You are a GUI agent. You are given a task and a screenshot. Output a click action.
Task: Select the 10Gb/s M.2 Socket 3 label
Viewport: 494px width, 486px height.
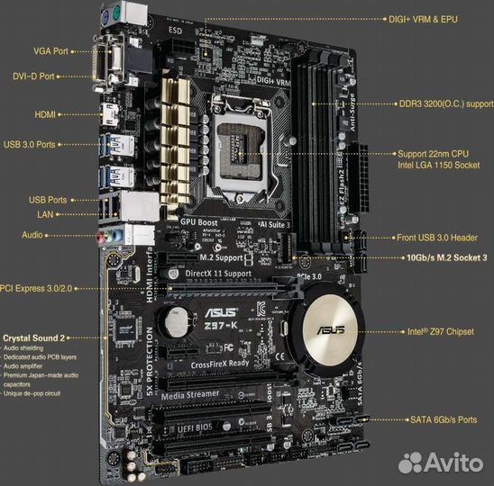click(x=441, y=257)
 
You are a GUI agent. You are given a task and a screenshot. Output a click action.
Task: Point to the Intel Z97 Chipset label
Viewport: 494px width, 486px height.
click(x=439, y=332)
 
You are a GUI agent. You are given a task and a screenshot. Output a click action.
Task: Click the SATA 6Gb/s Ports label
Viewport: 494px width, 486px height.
click(x=442, y=420)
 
